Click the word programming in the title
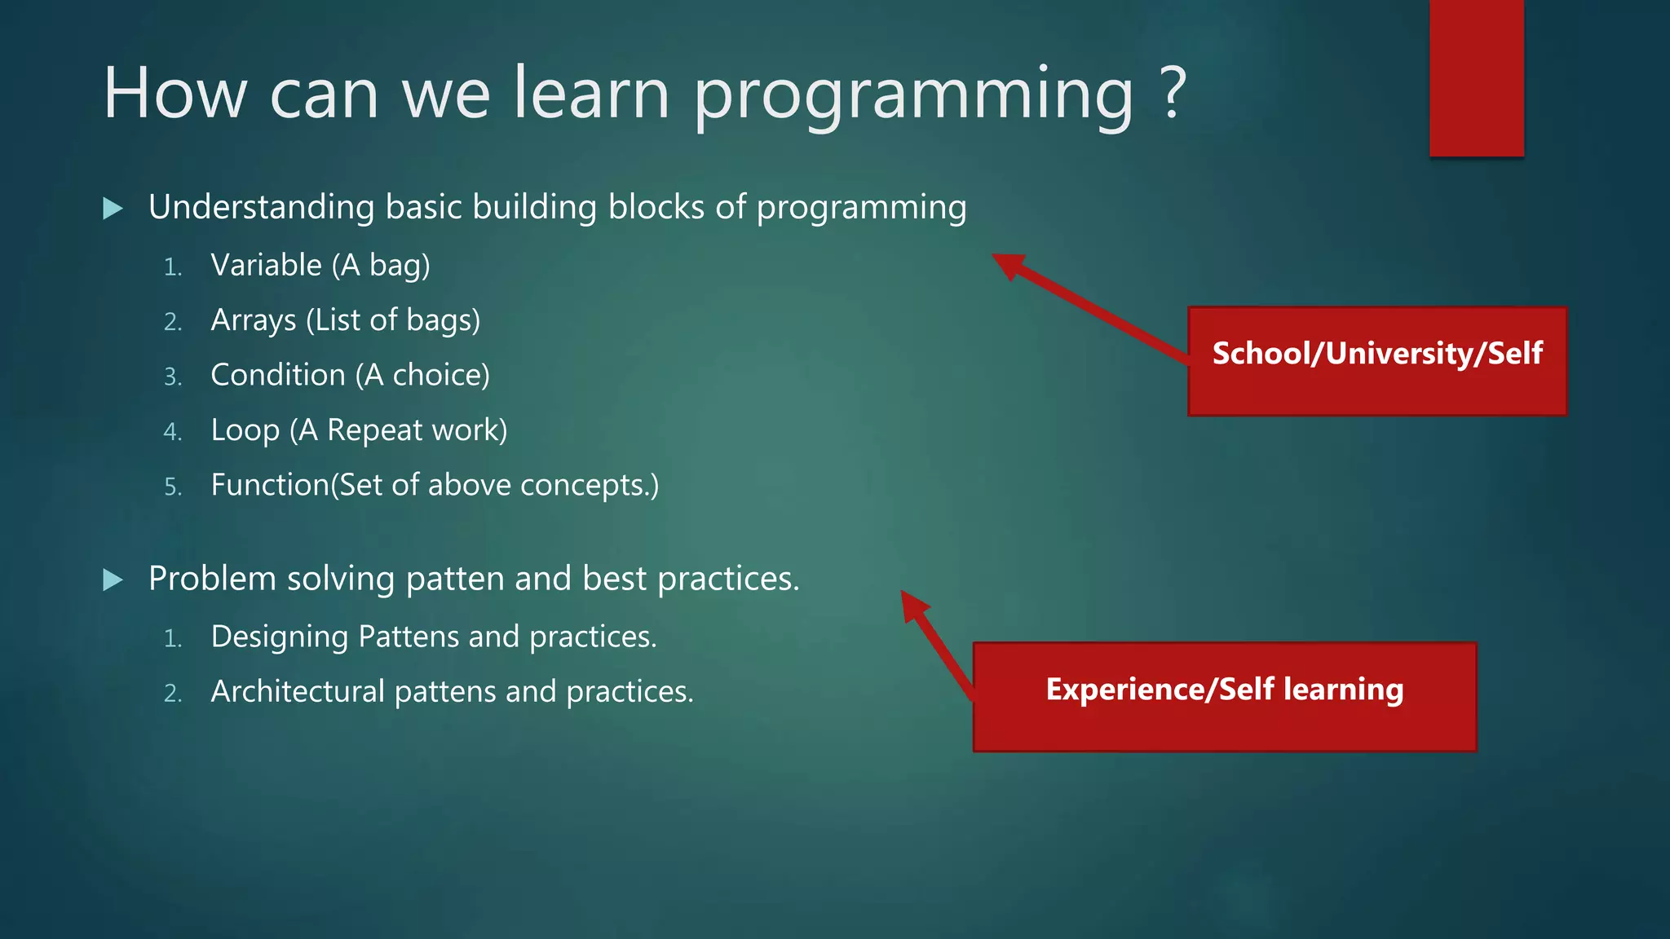(913, 96)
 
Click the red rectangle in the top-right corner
(1476, 77)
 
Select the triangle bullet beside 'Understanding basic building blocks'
(113, 209)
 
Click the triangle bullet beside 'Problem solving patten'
(113, 580)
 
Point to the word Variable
(266, 265)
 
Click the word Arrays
(253, 320)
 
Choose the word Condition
(277, 375)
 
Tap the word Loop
(245, 430)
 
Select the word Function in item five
(270, 485)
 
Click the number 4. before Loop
(172, 431)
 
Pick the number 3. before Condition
(172, 377)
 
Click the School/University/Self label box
(1376, 361)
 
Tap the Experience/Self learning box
(1224, 697)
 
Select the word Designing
(279, 637)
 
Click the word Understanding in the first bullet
(261, 207)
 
